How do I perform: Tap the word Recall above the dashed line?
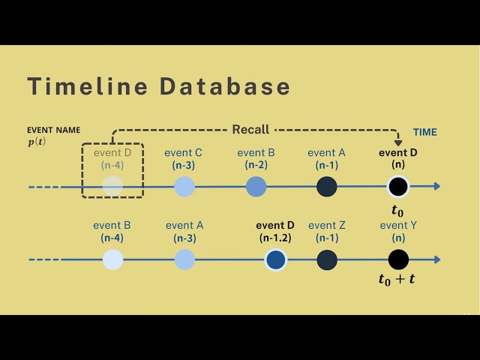coord(250,130)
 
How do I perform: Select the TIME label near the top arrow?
coord(424,132)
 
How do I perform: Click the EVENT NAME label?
coord(53,130)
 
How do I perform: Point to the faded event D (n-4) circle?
coord(112,186)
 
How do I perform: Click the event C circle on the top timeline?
coord(184,186)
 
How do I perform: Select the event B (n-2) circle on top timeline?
coord(256,186)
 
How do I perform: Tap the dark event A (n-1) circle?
coord(326,186)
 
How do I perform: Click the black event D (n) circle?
coord(397,186)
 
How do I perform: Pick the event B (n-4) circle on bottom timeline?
coord(112,259)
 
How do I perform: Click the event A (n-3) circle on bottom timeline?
coord(184,259)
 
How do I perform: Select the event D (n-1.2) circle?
coord(275,259)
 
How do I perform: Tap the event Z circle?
coord(327,259)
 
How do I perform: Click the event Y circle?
coord(398,259)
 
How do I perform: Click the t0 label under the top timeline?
coord(397,209)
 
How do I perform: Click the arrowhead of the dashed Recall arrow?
coord(397,142)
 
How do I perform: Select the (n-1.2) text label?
coord(275,238)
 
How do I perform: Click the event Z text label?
coord(327,225)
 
